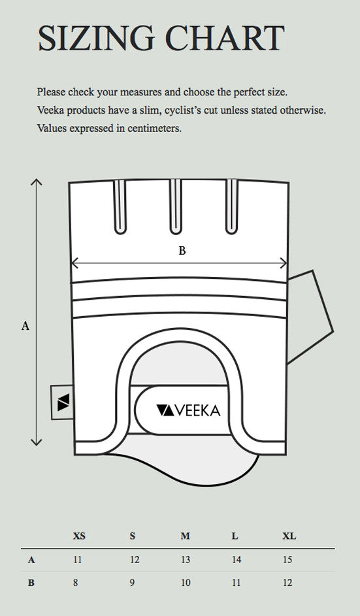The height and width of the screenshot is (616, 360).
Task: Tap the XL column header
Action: [x=289, y=536]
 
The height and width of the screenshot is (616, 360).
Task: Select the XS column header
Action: [x=78, y=536]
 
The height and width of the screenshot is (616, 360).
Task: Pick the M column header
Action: [x=185, y=536]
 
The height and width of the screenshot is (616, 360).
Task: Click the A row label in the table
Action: [x=31, y=560]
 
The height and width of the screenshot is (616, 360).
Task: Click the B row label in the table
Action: [x=31, y=583]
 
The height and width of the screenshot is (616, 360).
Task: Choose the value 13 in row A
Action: [x=185, y=560]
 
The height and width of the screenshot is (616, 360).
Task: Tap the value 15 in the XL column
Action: [x=287, y=560]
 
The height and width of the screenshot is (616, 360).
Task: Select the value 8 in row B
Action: [x=76, y=583]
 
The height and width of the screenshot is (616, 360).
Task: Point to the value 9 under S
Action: [x=132, y=583]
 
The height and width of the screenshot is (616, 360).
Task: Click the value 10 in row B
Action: [x=185, y=583]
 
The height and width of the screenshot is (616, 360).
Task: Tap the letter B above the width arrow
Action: [x=182, y=251]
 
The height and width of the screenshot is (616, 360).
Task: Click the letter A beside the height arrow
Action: [x=25, y=325]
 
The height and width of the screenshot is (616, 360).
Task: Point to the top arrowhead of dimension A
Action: [x=37, y=181]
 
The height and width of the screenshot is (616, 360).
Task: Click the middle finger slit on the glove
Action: [x=175, y=207]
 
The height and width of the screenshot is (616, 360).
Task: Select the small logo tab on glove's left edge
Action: [x=61, y=402]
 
